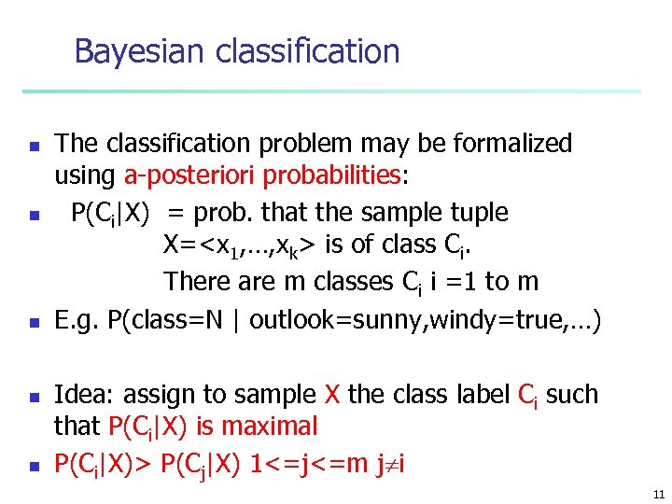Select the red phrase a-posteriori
pyautogui.click(x=190, y=175)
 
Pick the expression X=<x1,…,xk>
pyautogui.click(x=240, y=246)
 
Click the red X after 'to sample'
pyautogui.click(x=331, y=395)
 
